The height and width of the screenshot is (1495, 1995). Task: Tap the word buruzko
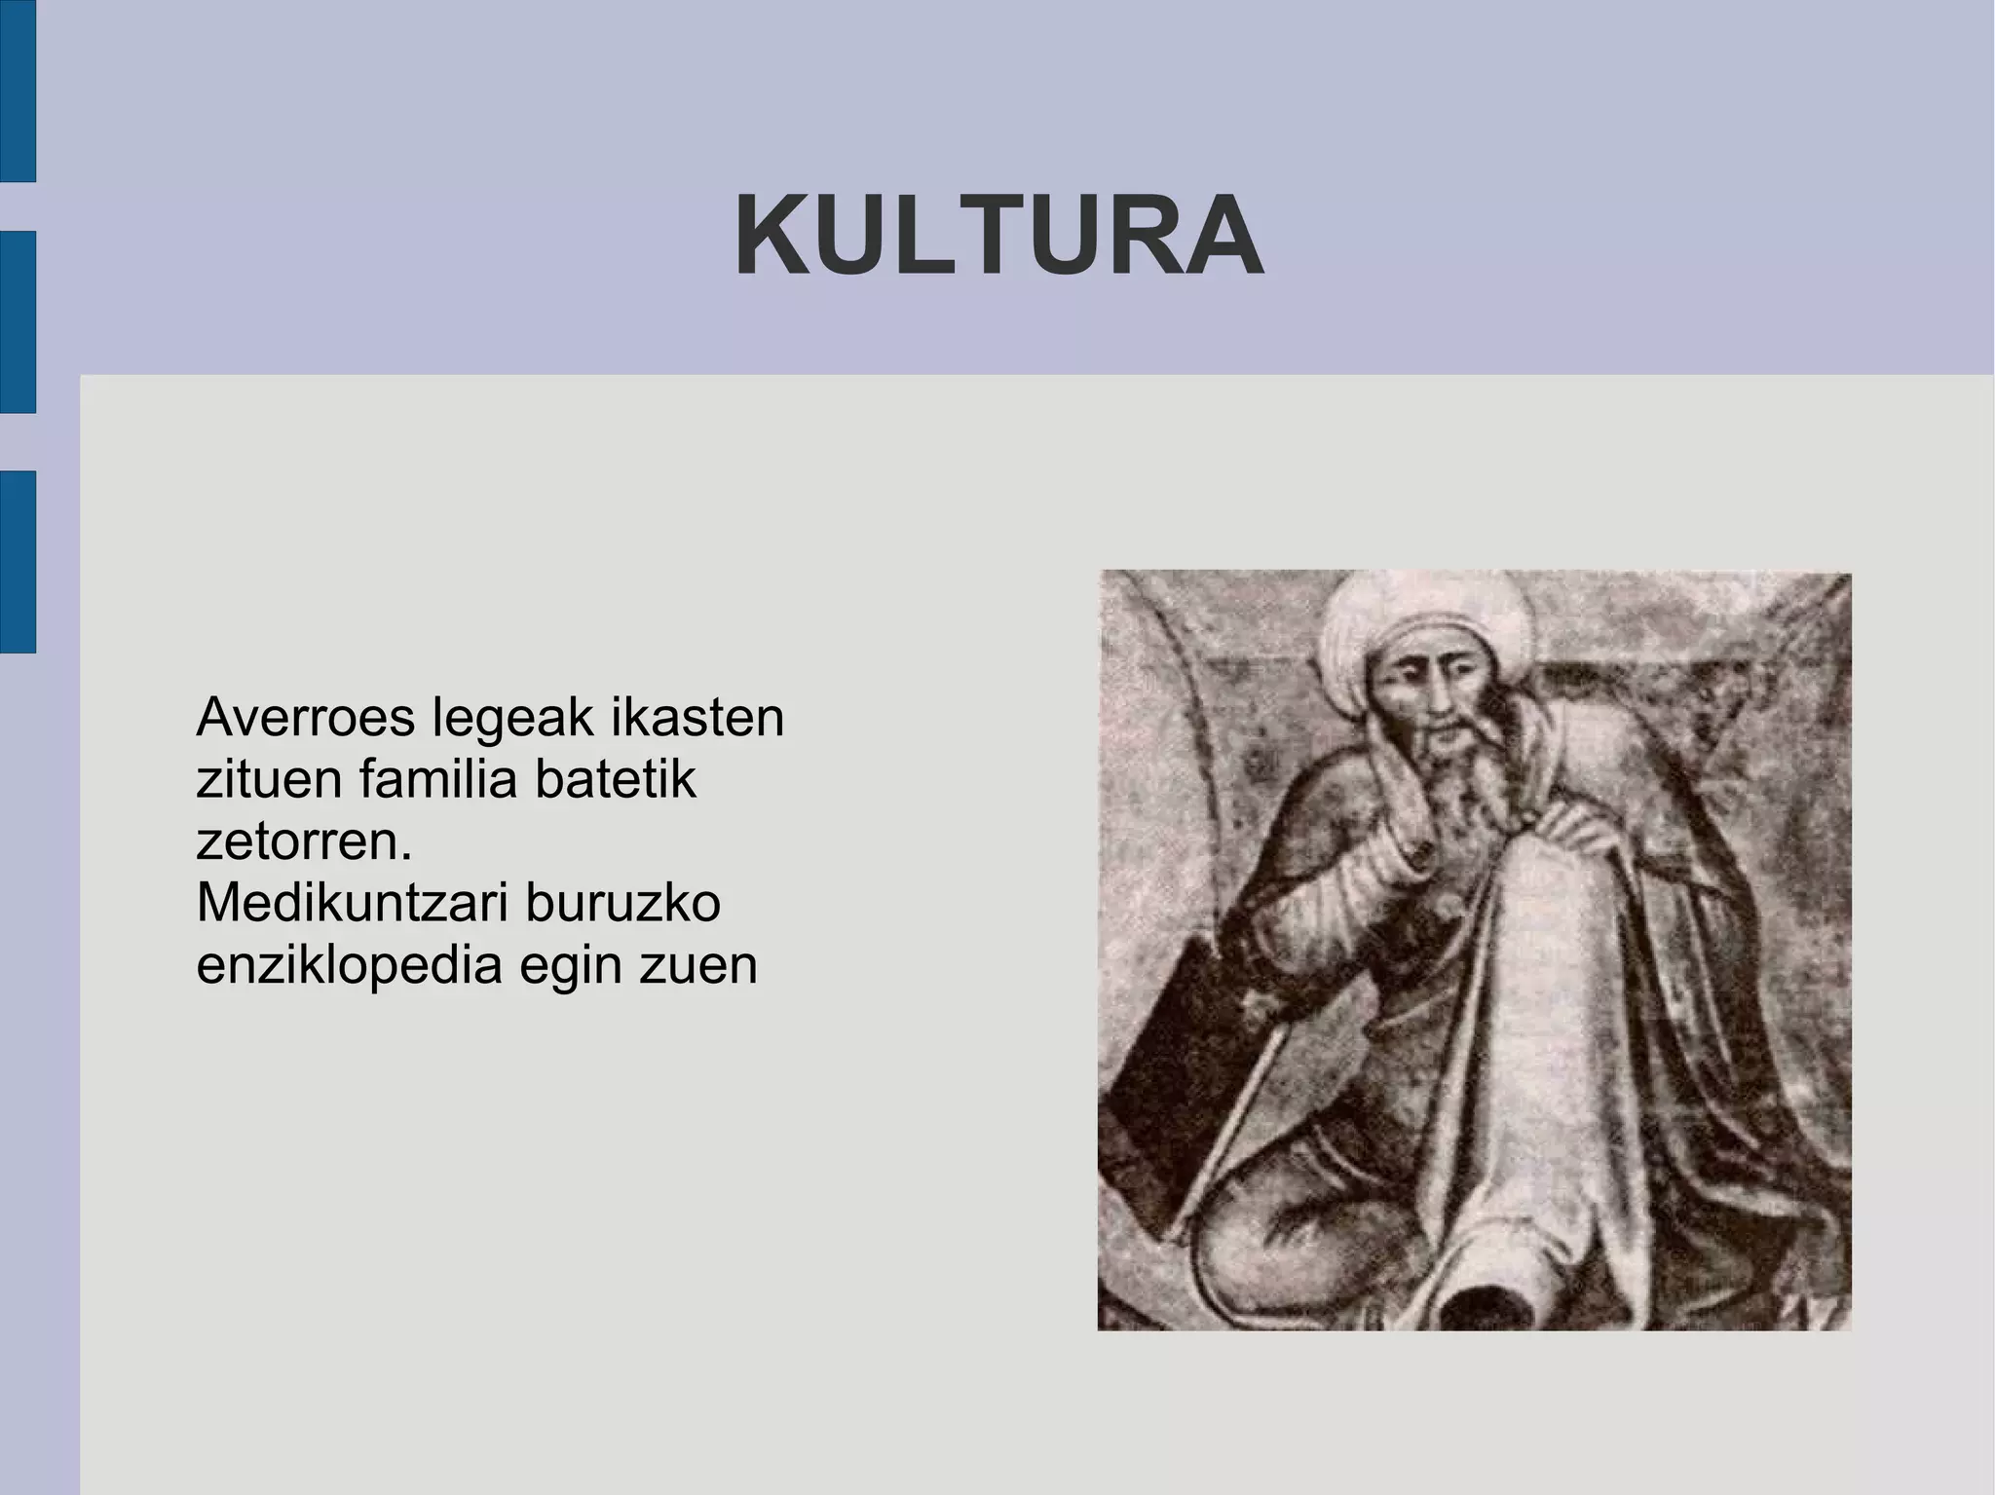[623, 904]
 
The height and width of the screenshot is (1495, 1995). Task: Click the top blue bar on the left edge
[18, 90]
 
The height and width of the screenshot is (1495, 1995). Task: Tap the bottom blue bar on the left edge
[18, 561]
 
